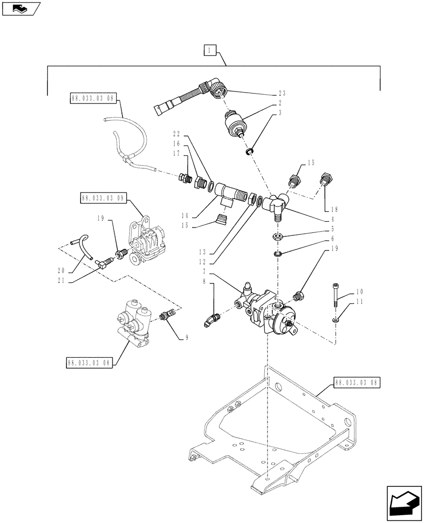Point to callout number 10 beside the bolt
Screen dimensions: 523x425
pos(345,291)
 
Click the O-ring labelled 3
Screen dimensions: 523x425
pos(250,151)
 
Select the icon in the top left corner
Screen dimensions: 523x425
pos(20,8)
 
